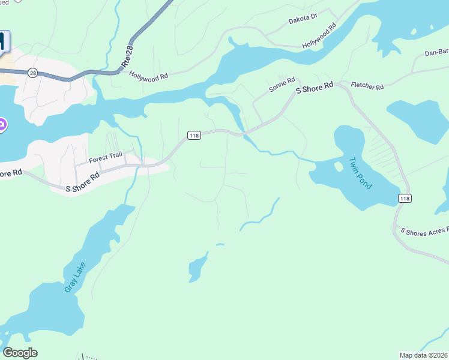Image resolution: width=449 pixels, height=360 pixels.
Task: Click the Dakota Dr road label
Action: [302, 19]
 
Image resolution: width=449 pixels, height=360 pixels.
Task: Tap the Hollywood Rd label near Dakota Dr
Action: [319, 37]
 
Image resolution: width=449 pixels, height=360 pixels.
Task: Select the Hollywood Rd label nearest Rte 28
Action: [148, 76]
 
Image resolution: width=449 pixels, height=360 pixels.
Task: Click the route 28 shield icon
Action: [32, 73]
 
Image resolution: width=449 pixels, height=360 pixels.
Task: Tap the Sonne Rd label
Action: [282, 84]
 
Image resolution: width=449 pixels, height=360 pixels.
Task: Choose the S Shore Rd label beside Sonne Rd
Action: [315, 87]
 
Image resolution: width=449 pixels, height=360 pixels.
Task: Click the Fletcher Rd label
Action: [367, 87]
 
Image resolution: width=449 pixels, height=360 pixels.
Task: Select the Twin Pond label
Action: [361, 173]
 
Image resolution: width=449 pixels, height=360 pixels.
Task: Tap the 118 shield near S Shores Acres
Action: [405, 198]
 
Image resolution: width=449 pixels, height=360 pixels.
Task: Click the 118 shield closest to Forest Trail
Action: [193, 136]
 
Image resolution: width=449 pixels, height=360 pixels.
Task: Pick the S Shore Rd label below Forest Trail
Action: [82, 183]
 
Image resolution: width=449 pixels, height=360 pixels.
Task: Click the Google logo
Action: [20, 353]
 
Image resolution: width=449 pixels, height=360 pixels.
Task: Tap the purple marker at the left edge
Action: [2, 125]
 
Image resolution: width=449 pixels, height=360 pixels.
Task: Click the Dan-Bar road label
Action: [436, 53]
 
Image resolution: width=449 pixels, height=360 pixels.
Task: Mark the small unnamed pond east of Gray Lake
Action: [197, 268]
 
